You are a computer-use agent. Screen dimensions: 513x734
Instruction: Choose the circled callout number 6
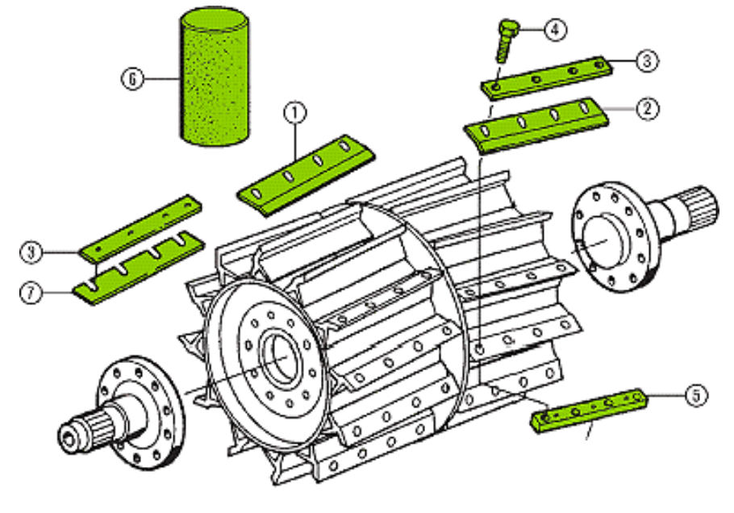131,79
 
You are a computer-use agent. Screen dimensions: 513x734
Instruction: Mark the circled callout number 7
31,292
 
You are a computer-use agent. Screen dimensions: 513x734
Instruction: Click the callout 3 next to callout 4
649,60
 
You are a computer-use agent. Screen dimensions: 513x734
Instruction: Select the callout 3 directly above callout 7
31,252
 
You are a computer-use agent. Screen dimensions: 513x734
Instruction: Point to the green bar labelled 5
591,408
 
